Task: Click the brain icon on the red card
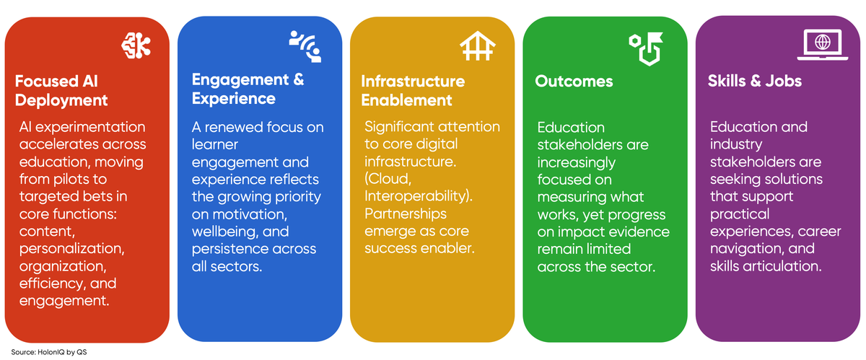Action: tap(136, 45)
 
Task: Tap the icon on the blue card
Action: tap(305, 45)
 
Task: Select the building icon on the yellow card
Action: tap(477, 46)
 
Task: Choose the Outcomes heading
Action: tap(573, 82)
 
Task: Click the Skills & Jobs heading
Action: tap(754, 82)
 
